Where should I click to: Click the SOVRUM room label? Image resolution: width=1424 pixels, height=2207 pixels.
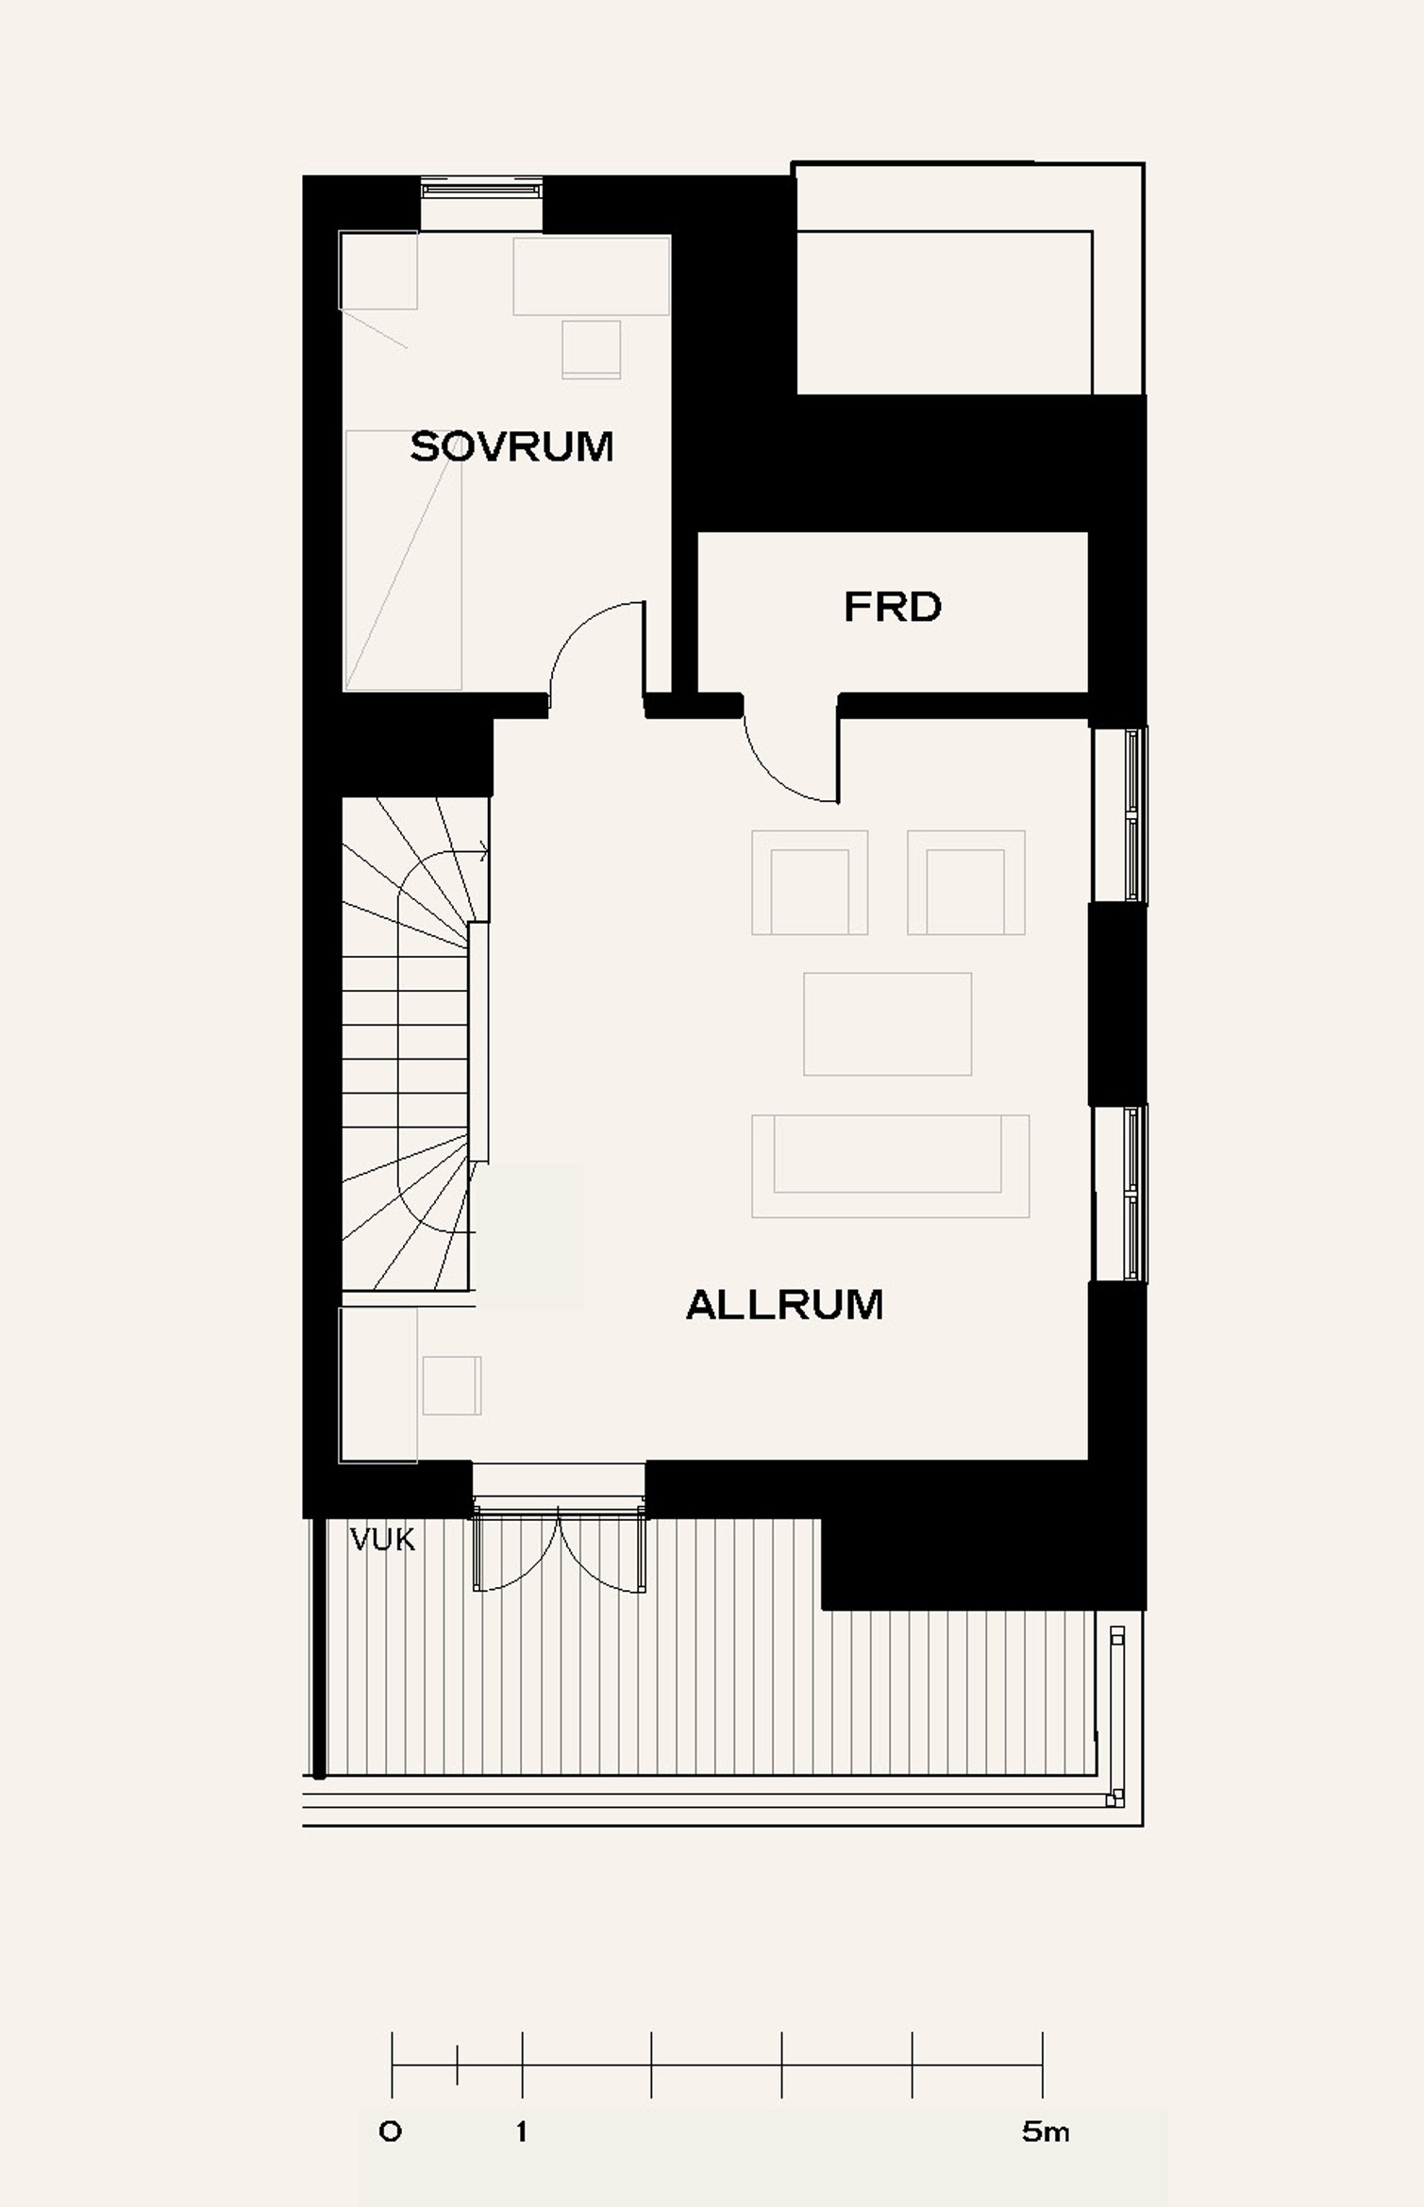click(x=511, y=446)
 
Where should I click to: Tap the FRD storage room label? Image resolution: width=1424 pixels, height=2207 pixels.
click(x=893, y=607)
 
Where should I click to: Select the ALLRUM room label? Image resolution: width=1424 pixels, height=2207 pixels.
click(x=784, y=1305)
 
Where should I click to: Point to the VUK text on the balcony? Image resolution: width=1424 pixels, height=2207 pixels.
click(x=382, y=1540)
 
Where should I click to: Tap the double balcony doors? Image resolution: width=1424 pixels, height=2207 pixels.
click(x=560, y=1548)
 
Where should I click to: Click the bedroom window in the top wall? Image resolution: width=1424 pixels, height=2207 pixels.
click(x=481, y=189)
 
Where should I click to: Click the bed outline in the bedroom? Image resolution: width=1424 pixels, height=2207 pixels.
click(x=403, y=560)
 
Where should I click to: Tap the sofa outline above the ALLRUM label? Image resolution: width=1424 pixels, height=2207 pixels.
click(x=890, y=1165)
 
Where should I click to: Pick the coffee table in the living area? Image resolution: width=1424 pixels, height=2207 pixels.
click(x=887, y=1024)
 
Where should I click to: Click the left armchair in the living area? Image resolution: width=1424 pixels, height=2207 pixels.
click(x=810, y=882)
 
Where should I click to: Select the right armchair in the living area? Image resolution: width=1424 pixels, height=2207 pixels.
click(x=965, y=882)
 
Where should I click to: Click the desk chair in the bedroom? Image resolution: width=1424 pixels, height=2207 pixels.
click(x=592, y=349)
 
